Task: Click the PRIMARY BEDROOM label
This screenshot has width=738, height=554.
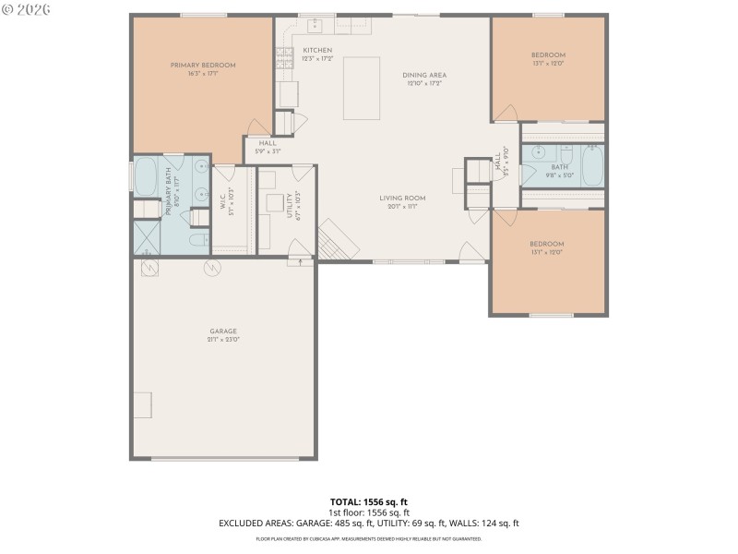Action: (203, 65)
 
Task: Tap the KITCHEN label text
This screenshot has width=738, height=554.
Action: (317, 50)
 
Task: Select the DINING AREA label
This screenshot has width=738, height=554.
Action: (424, 75)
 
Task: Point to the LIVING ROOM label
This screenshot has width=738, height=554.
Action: (402, 198)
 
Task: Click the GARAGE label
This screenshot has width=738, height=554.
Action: (223, 331)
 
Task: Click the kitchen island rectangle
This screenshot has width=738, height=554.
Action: (361, 88)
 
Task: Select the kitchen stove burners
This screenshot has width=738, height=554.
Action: (283, 57)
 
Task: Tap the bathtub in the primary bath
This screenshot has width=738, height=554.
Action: (146, 177)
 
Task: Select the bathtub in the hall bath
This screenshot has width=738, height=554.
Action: (590, 167)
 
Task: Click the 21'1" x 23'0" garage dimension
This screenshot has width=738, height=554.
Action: (223, 339)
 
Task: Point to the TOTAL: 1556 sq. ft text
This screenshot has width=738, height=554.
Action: (369, 501)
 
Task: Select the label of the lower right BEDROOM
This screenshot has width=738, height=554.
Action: (548, 244)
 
